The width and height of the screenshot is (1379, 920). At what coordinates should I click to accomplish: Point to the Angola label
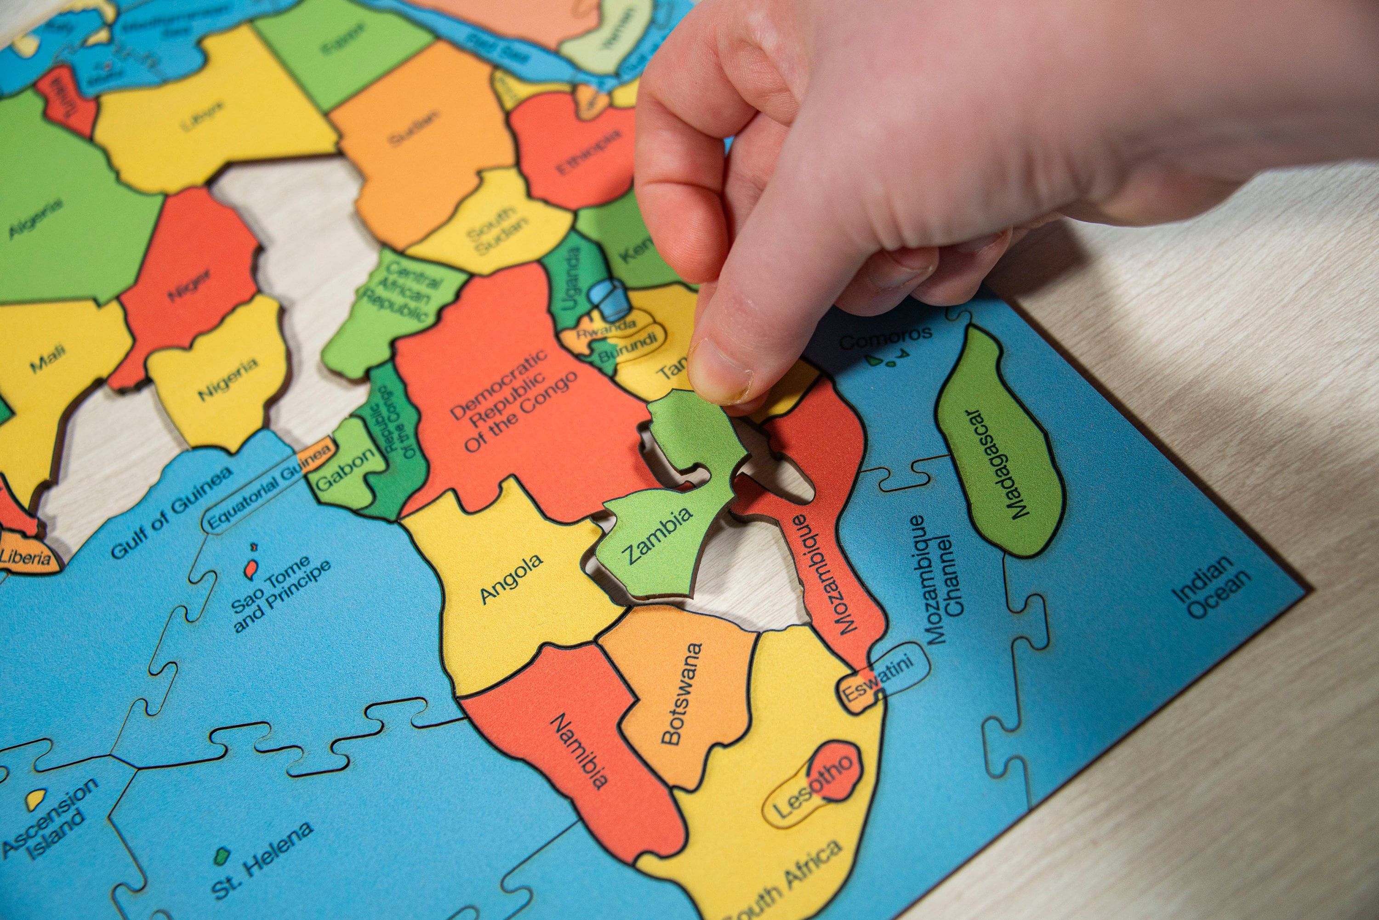511,579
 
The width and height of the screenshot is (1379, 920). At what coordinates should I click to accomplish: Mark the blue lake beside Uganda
611,299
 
